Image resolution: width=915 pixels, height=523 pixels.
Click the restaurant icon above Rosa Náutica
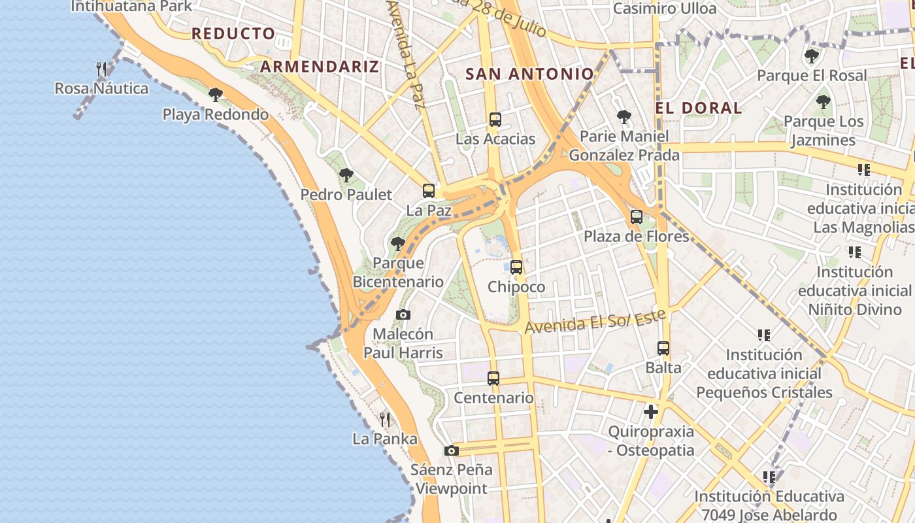(x=101, y=69)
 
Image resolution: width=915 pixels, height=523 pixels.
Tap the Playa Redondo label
(x=215, y=114)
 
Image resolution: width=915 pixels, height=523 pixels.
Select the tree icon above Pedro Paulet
(x=346, y=175)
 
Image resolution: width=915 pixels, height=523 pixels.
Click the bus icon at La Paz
(x=429, y=191)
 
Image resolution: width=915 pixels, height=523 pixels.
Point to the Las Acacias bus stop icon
(x=495, y=120)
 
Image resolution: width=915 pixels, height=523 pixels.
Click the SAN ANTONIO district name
(x=529, y=74)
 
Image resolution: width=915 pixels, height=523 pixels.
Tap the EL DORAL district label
(x=699, y=108)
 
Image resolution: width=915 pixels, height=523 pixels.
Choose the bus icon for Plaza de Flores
(x=637, y=217)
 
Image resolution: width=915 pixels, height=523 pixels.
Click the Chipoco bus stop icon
(x=516, y=267)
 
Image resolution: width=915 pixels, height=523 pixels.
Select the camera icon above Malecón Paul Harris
(x=403, y=315)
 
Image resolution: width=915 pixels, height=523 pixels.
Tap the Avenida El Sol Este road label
(x=595, y=321)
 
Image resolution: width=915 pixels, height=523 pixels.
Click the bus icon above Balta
(x=663, y=348)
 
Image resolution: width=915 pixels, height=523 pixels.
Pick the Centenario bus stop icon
(x=493, y=379)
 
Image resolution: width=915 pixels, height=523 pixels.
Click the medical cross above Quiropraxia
(x=651, y=412)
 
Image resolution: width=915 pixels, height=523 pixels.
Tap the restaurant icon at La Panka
(x=385, y=419)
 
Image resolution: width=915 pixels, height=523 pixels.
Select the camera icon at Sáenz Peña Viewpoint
(x=451, y=451)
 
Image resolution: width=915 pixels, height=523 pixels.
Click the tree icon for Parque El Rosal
(x=812, y=56)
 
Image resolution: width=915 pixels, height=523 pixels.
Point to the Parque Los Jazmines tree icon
(x=823, y=102)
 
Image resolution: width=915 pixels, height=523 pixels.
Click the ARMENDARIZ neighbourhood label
(x=320, y=66)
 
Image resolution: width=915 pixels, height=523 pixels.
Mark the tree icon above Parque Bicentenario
(x=397, y=245)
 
